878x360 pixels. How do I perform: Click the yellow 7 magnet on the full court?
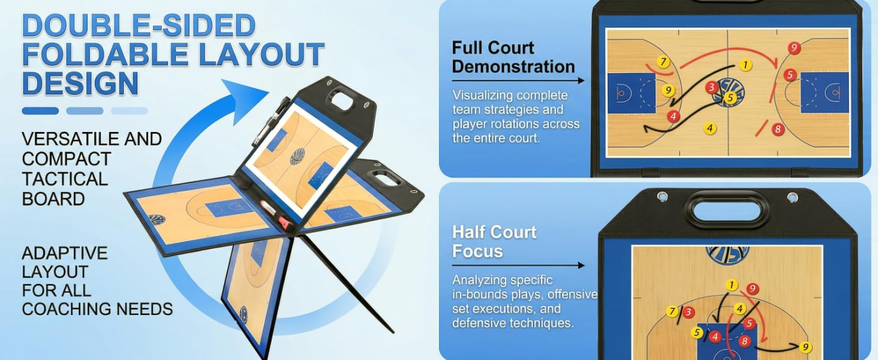(x=663, y=62)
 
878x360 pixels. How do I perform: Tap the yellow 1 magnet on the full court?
(x=745, y=65)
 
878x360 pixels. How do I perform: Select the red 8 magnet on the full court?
(x=778, y=129)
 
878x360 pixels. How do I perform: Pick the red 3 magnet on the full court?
(x=712, y=88)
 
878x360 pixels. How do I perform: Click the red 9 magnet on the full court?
(x=794, y=48)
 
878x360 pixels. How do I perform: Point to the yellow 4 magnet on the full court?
(x=710, y=128)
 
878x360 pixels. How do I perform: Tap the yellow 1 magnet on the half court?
(x=731, y=286)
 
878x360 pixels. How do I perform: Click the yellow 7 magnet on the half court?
(x=672, y=312)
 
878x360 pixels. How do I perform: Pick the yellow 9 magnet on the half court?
(x=805, y=347)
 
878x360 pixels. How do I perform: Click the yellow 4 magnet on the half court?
(x=740, y=308)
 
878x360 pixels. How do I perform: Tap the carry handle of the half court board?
(x=727, y=209)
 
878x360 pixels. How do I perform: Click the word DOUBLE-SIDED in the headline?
(x=139, y=26)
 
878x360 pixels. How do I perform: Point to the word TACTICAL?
(x=65, y=179)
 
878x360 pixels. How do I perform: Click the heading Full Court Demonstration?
(x=513, y=57)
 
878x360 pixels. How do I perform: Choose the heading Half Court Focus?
(x=494, y=241)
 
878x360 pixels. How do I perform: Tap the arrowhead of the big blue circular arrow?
(x=255, y=93)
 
